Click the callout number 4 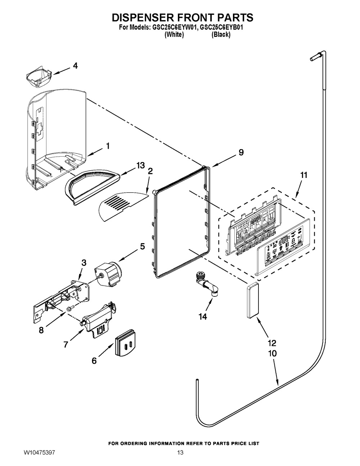75,66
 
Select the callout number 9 240,152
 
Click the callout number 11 304,175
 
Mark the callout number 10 273,354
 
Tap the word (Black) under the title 221,35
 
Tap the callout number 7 66,344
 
